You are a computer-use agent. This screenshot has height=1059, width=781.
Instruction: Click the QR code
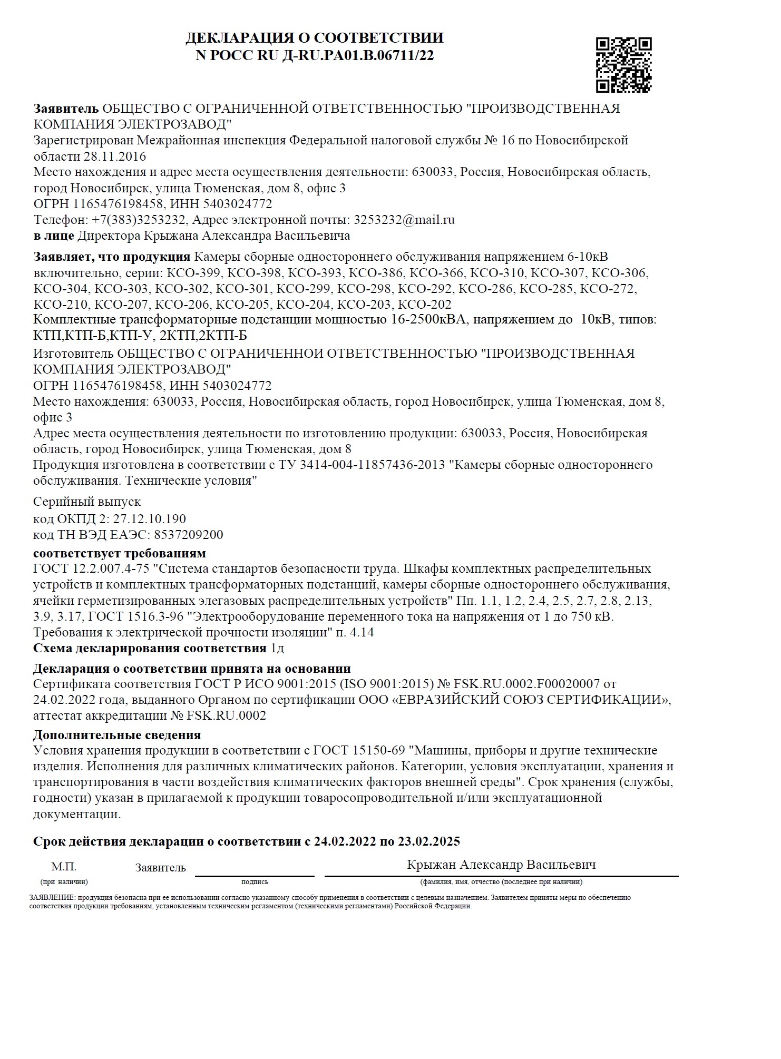(623, 65)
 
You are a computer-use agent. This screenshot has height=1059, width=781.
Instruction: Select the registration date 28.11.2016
(115, 157)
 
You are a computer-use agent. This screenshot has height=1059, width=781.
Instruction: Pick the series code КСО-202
(424, 305)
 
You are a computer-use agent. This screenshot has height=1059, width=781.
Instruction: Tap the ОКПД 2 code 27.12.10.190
(150, 519)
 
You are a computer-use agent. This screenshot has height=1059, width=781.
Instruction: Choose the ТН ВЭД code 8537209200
(188, 535)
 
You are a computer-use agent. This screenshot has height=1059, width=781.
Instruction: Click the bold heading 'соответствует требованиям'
(119, 553)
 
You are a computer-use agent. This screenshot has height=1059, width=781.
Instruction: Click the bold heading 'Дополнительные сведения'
(116, 734)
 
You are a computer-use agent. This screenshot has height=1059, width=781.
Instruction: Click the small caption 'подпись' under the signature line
(255, 881)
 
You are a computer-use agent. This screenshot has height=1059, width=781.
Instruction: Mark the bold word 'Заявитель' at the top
(66, 109)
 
